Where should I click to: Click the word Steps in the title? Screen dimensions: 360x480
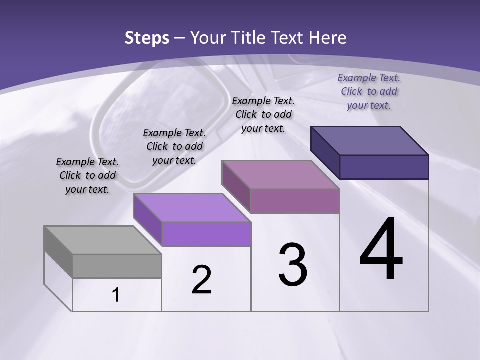(147, 38)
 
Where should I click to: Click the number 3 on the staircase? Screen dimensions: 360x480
(293, 265)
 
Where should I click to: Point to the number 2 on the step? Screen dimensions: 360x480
(201, 280)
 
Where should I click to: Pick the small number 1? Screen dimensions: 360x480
(116, 295)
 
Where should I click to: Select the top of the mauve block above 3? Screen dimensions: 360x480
(280, 174)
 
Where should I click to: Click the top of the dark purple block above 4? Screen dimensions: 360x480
(369, 140)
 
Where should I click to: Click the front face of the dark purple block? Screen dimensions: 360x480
(384, 167)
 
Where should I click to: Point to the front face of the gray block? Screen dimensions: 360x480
(117, 266)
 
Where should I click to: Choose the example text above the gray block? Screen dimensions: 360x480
(87, 175)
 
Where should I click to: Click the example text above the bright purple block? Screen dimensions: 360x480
(174, 146)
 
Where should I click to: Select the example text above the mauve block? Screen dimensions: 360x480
(263, 114)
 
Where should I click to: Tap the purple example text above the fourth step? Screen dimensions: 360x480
(369, 91)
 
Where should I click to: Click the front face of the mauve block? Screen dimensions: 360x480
(295, 201)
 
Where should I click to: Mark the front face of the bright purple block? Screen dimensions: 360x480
(206, 234)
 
